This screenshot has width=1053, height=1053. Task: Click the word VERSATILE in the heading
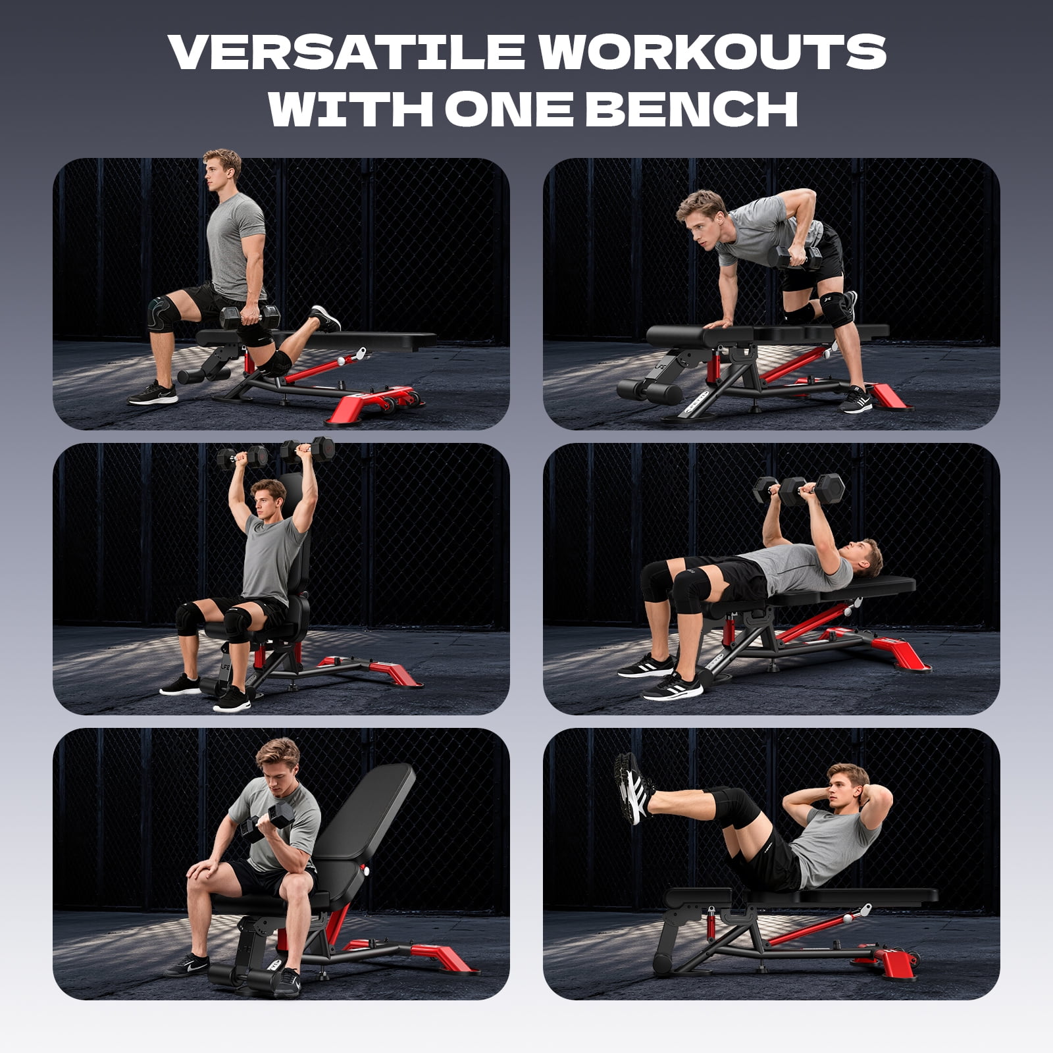point(347,51)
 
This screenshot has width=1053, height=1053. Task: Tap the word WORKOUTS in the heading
point(713,51)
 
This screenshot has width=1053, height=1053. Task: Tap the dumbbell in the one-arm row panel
point(794,257)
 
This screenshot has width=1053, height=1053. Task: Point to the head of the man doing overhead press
point(267,498)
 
